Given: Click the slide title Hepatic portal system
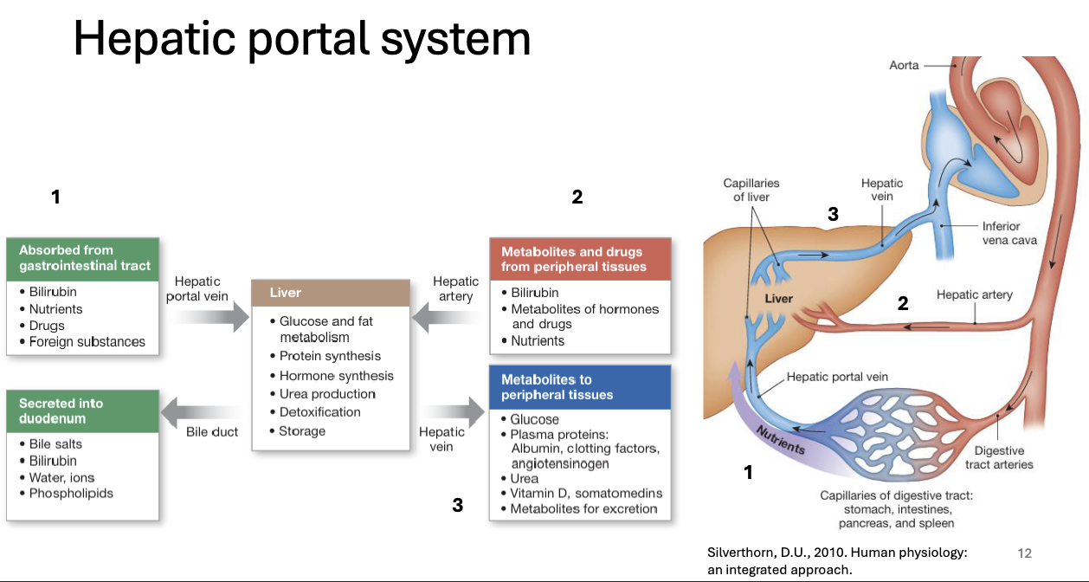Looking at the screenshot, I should tap(301, 39).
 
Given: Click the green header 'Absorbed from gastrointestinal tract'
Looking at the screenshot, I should tap(83, 258).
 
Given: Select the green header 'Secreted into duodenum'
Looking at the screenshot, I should tap(83, 411).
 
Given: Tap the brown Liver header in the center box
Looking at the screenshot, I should tap(330, 293).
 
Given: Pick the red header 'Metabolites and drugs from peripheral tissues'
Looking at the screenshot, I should tap(580, 259).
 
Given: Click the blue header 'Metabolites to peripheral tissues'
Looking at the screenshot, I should tap(580, 387).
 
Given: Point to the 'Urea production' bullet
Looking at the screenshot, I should tap(327, 393).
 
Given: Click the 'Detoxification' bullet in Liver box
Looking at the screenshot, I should tap(319, 412).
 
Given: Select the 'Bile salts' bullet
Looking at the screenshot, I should tap(56, 444).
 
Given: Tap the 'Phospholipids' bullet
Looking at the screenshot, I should tap(71, 494).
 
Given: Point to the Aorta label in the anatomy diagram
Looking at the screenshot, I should tap(905, 66).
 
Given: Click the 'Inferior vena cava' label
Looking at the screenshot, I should tap(1008, 233).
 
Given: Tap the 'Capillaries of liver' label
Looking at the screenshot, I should tap(751, 191).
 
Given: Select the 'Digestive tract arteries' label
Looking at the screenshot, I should tap(999, 457).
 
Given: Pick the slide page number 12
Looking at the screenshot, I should tap(1025, 553).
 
